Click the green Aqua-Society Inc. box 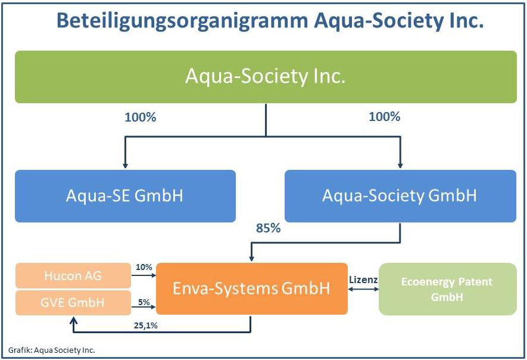click(x=266, y=77)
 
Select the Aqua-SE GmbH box click(x=125, y=196)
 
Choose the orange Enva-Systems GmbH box click(x=251, y=289)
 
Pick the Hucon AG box click(x=73, y=275)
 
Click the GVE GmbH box click(x=73, y=302)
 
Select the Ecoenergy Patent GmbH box click(x=447, y=289)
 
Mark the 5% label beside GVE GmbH click(x=144, y=302)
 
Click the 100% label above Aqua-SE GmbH click(x=140, y=117)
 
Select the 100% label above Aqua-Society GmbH click(x=385, y=117)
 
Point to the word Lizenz click(x=363, y=279)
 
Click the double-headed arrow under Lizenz click(x=363, y=290)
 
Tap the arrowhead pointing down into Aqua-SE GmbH click(x=124, y=165)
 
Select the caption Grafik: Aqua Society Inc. click(x=52, y=350)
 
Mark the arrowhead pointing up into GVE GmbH click(x=73, y=319)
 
